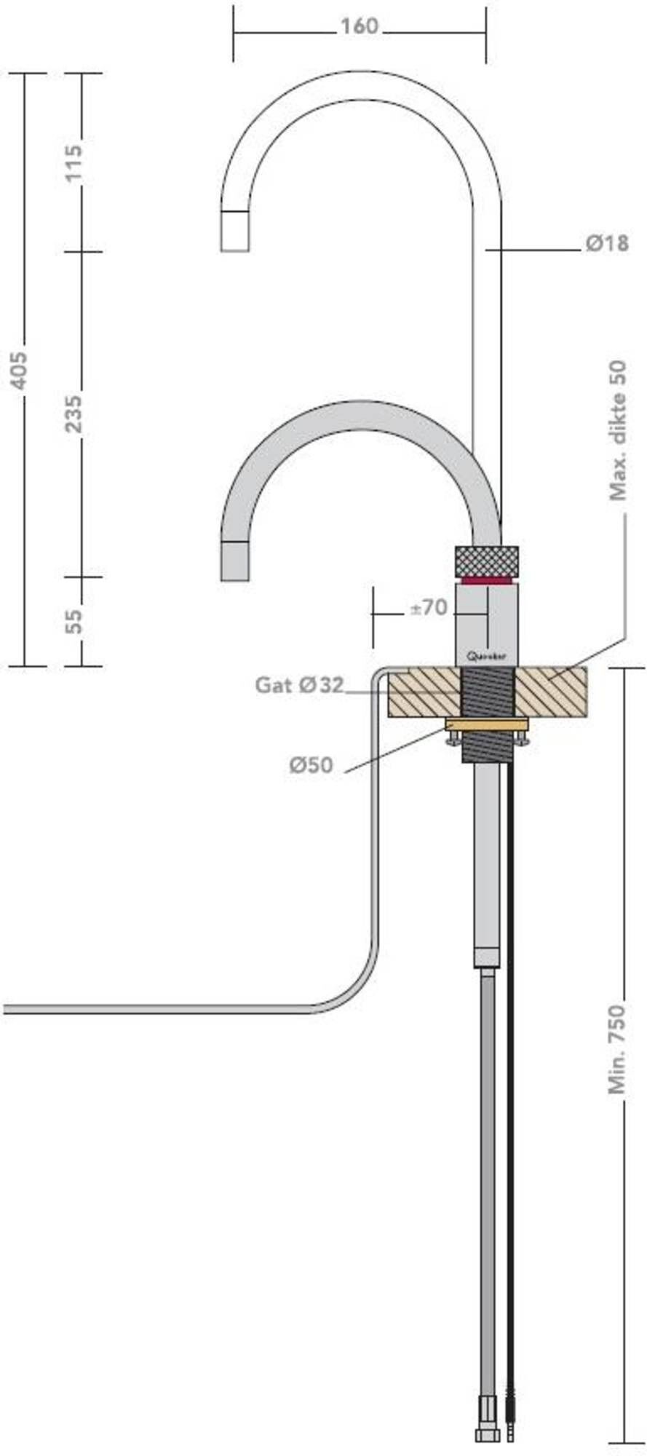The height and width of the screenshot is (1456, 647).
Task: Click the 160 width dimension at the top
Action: coord(360,27)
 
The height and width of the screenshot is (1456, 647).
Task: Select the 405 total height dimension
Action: coord(21,369)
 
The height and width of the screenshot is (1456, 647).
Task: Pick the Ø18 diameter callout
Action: coord(606,243)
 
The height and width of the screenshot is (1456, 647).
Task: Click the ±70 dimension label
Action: coord(428,608)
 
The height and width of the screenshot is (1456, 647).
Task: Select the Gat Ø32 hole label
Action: coord(298,685)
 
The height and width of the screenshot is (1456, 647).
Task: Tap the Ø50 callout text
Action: coord(311,765)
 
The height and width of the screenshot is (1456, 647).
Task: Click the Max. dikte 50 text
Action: coord(618,431)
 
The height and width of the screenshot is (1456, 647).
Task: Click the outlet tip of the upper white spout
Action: coord(235,232)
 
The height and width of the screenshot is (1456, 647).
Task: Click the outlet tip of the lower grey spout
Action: coord(235,562)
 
